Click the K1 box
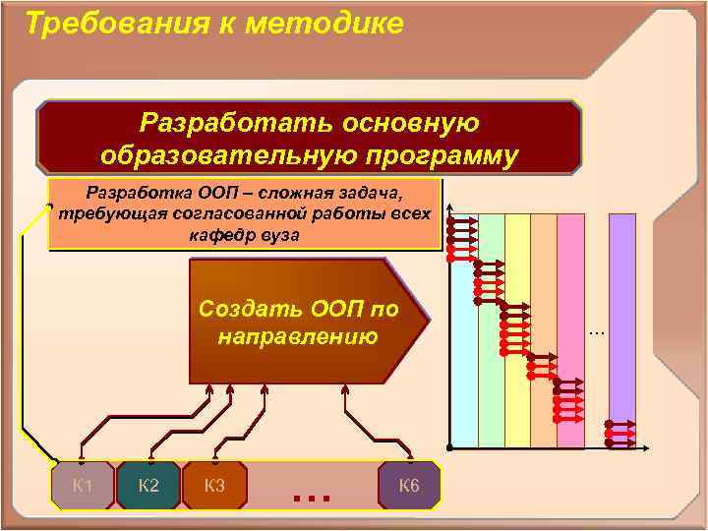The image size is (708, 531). [x=83, y=485]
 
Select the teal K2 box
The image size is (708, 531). [x=148, y=485]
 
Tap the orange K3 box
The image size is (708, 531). [x=213, y=485]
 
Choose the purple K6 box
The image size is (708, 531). [x=409, y=485]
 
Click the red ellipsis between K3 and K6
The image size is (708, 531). [x=311, y=497]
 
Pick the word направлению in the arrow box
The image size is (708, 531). [x=298, y=336]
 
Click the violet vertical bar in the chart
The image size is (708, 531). [x=621, y=315]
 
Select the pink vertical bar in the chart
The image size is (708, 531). [x=570, y=295]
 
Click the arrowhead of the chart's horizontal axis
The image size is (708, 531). [x=646, y=447]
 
